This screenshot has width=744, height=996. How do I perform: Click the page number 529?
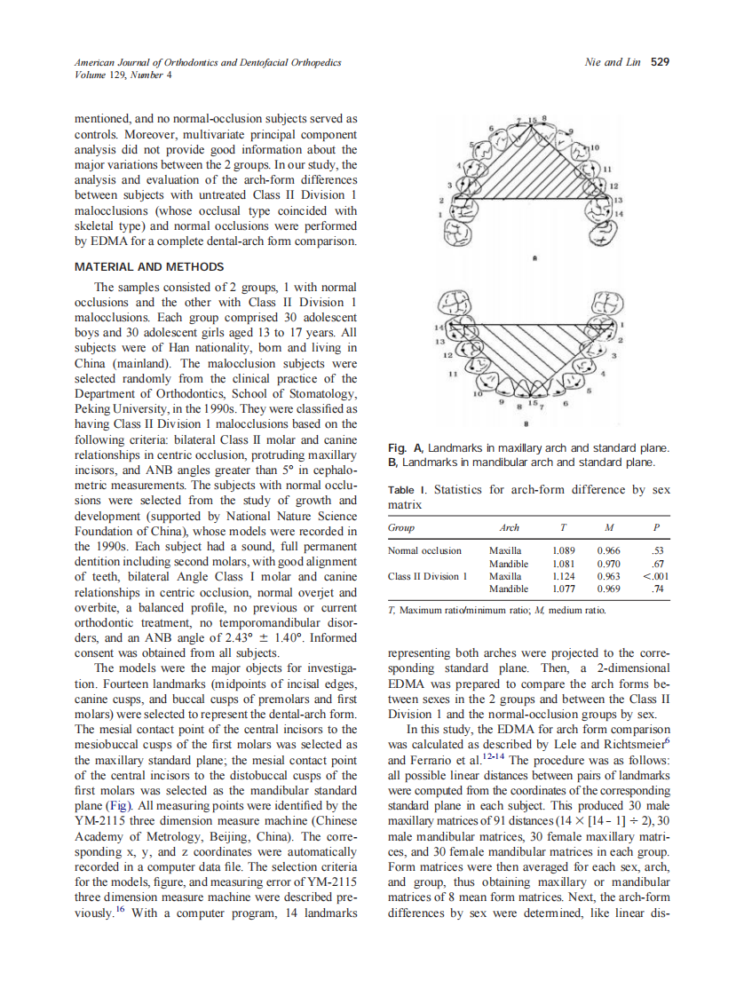click(x=660, y=62)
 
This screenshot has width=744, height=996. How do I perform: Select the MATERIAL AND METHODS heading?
click(x=147, y=267)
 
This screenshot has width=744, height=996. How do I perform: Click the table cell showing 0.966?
click(x=609, y=550)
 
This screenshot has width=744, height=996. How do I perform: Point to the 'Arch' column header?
click(x=510, y=527)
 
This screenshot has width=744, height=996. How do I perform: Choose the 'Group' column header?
click(x=401, y=527)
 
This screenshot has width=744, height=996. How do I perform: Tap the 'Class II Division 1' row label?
click(x=428, y=576)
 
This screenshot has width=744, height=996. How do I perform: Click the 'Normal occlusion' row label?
click(x=424, y=550)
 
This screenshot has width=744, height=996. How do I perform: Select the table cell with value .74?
click(x=658, y=589)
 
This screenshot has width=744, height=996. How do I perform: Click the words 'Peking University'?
click(x=116, y=410)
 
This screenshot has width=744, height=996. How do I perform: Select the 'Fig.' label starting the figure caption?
click(x=399, y=449)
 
